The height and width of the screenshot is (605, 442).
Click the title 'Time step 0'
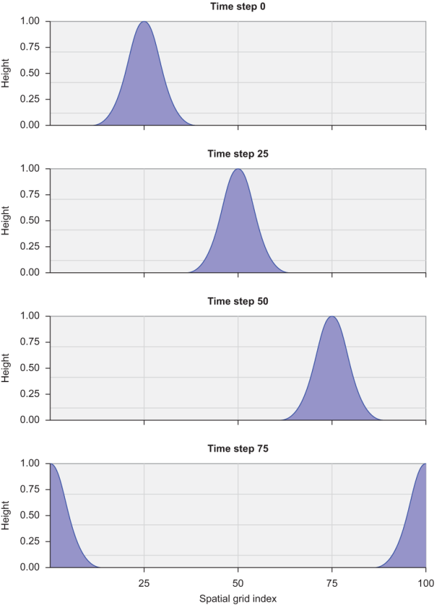pos(237,6)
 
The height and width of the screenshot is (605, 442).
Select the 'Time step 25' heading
pos(237,154)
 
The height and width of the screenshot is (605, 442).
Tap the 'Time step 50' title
pos(237,302)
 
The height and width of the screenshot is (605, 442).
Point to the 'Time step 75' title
pos(237,448)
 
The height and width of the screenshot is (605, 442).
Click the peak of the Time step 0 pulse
pos(144,22)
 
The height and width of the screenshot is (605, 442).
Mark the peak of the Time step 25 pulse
pos(238,170)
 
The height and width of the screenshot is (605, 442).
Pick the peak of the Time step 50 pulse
pos(332,317)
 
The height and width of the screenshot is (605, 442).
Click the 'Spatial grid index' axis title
pos(238,599)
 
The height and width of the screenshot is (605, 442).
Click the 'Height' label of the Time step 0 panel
pos(6,73)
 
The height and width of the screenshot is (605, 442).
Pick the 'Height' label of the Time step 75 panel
pos(6,515)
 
